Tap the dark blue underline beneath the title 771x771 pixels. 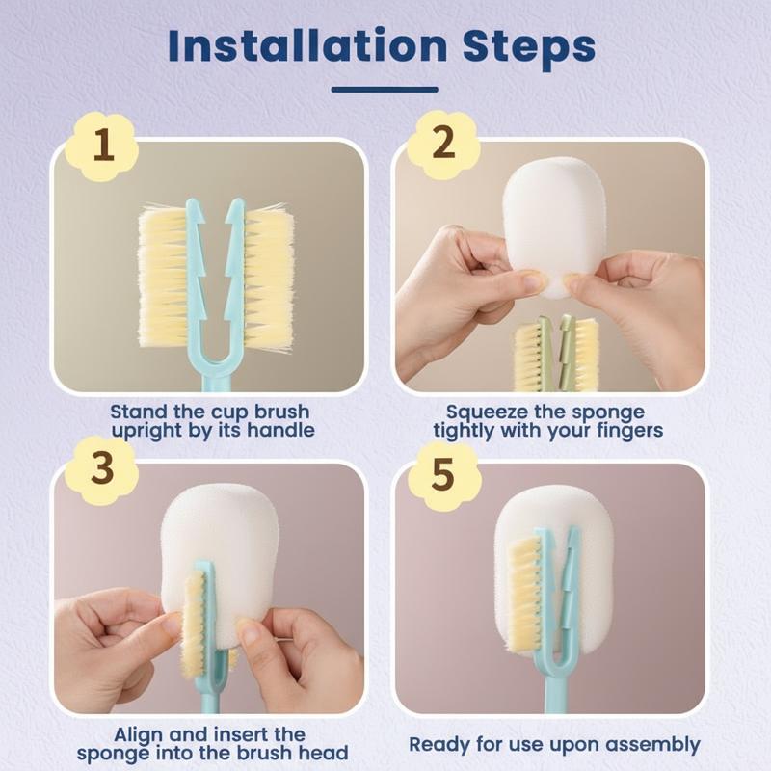pyautogui.click(x=385, y=90)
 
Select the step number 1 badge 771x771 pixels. pyautogui.click(x=102, y=146)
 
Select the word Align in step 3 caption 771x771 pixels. pyautogui.click(x=140, y=734)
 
